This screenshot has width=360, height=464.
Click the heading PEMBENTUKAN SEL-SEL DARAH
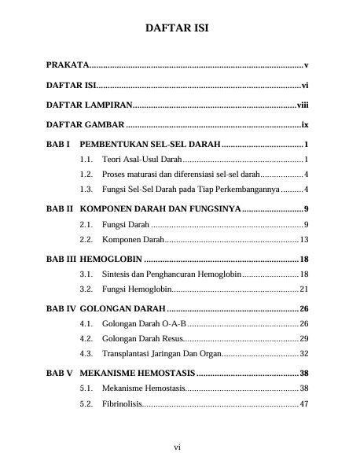coord(150,145)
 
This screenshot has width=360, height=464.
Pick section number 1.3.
coord(87,190)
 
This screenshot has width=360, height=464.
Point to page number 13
coord(303,239)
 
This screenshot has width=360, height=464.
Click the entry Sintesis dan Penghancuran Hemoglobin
coord(171,274)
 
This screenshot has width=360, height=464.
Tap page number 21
coord(303,289)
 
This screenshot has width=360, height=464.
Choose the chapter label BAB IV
coord(61,309)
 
